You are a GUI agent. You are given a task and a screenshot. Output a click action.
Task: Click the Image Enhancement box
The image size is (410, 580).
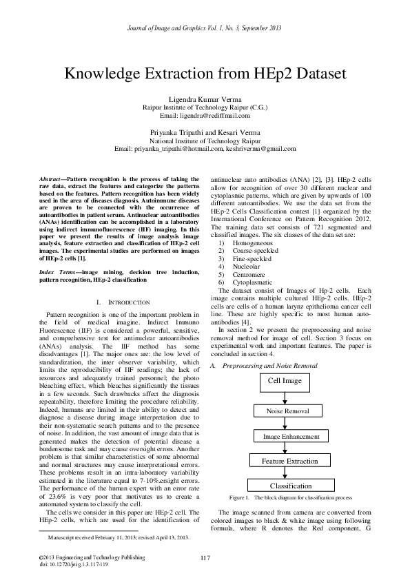pyautogui.click(x=286, y=436)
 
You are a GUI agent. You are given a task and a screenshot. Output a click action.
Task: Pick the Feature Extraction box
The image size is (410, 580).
pyautogui.click(x=289, y=461)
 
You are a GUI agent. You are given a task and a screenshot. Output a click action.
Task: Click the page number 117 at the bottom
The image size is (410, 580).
pyautogui.click(x=205, y=557)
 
